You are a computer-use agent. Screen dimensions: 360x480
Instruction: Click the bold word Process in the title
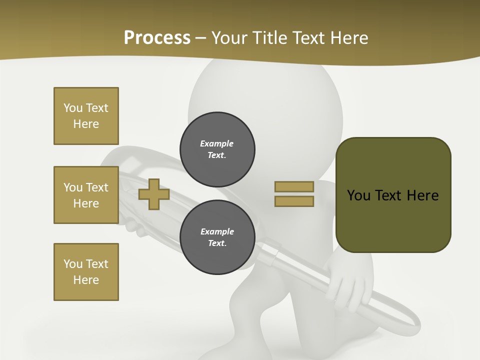point(157,37)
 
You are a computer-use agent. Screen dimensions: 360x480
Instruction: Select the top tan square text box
point(86,116)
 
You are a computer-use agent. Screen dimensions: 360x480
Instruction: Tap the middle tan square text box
point(86,195)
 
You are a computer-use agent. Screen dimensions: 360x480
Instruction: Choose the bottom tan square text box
point(86,272)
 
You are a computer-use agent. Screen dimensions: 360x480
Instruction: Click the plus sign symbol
point(154,194)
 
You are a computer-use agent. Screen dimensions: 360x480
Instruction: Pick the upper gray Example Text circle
point(217,149)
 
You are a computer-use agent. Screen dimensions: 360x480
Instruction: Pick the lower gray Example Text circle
point(217,237)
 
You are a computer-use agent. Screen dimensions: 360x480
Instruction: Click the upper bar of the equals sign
point(294,186)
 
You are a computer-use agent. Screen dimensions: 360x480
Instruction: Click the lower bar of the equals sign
point(294,201)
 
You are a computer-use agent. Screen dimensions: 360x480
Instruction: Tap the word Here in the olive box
point(422,195)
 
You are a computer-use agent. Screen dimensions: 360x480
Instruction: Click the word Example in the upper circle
point(217,143)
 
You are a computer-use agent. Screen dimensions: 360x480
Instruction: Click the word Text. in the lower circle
point(217,243)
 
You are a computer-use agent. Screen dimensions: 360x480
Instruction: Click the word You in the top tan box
point(73,108)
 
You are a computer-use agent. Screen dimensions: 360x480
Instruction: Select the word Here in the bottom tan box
point(86,280)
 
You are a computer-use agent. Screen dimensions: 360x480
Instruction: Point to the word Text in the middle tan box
point(97,187)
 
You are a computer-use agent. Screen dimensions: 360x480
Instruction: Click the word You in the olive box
point(358,195)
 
